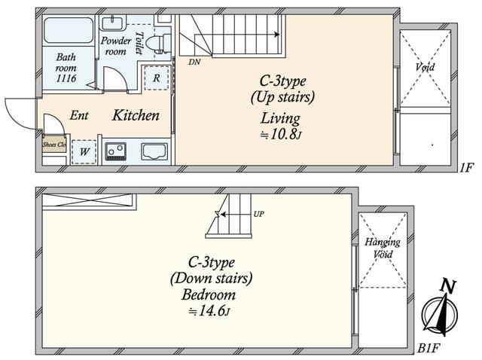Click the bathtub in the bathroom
69,30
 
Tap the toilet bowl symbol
157,44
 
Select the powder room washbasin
112,23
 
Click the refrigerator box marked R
156,78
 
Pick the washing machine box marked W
84,151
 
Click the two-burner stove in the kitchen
116,151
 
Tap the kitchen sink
154,151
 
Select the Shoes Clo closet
54,144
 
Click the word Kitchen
136,115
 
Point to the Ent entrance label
79,115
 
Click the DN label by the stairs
194,62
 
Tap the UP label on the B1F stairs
258,214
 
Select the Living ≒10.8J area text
280,126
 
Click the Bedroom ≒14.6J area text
209,303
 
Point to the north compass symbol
440,310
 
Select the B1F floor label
429,348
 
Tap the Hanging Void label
383,248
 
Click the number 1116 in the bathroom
66,78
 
